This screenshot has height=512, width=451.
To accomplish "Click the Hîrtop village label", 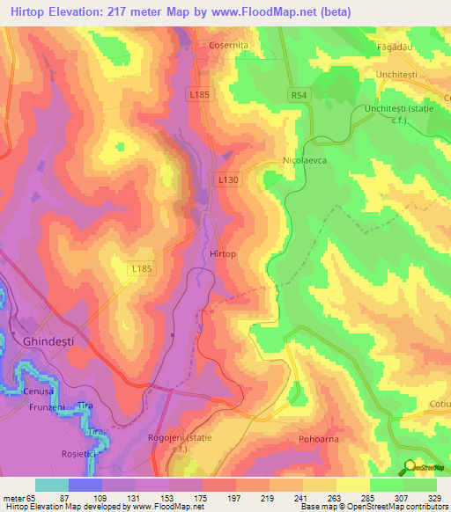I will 224,253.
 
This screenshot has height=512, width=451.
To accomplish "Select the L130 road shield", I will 228,179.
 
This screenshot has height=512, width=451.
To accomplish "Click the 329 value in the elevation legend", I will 433,498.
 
